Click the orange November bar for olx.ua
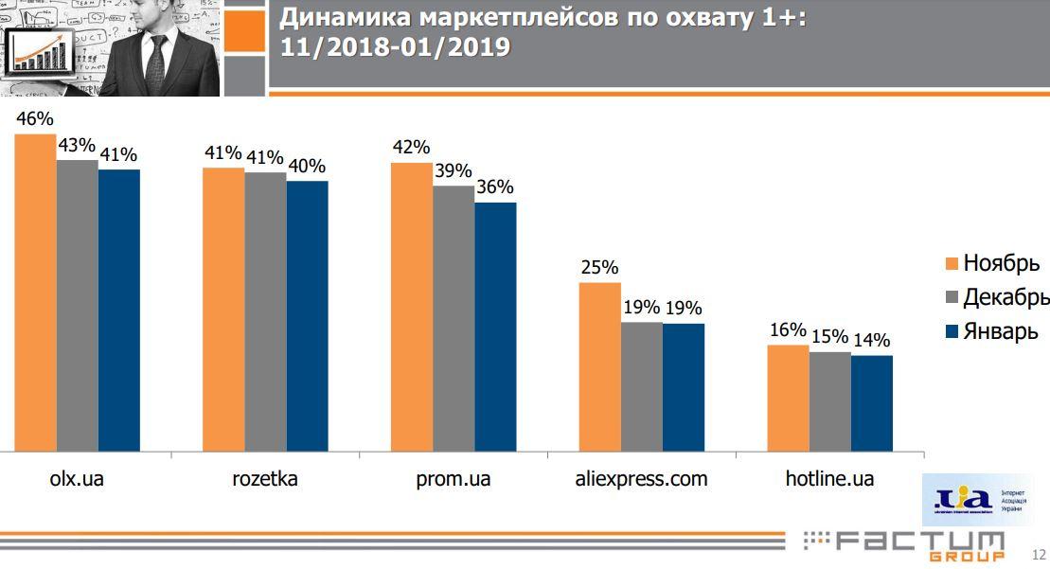[35, 293]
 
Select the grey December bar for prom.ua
[454, 318]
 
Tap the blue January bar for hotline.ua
[871, 403]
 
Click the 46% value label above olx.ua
[35, 119]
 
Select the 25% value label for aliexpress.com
[599, 268]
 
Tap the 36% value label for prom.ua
[495, 187]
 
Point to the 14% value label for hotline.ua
[872, 340]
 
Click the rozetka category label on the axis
[265, 479]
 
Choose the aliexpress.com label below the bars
[641, 479]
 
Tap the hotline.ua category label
[829, 479]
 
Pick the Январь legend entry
[1000, 331]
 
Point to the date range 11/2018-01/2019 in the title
[395, 47]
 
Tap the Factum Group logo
[904, 544]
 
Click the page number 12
[1039, 555]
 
